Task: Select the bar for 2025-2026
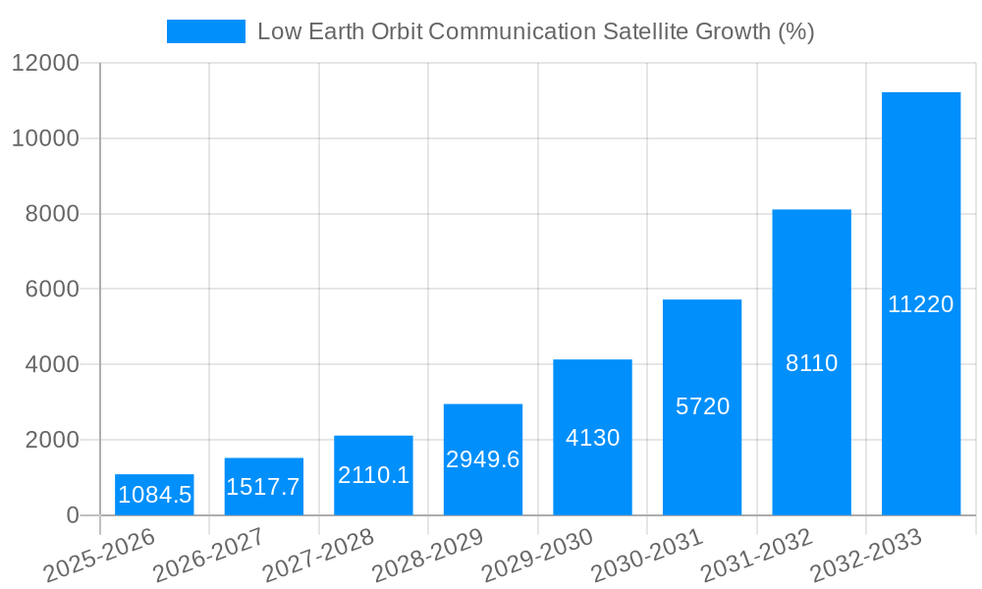(x=154, y=495)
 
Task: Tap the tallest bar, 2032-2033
(x=920, y=304)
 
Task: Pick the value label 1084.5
(x=154, y=495)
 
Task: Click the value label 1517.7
(x=263, y=487)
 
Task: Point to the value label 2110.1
(x=373, y=475)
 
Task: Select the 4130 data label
(x=592, y=438)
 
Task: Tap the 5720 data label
(x=702, y=406)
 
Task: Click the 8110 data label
(x=811, y=363)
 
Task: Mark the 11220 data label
(x=920, y=304)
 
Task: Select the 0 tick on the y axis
(x=72, y=515)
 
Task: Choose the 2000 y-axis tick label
(x=52, y=440)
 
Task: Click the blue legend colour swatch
(x=206, y=31)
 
